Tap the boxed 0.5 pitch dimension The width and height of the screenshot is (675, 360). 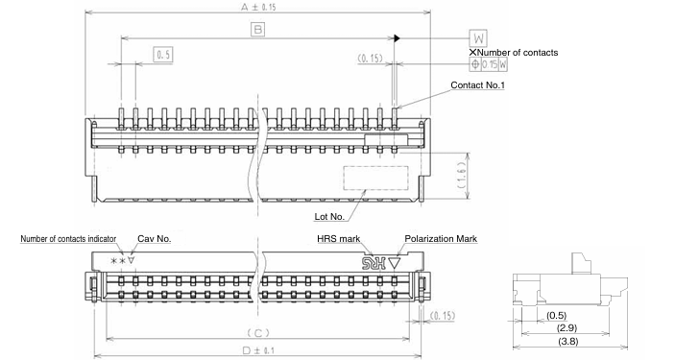point(163,56)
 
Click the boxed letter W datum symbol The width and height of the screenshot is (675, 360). point(477,38)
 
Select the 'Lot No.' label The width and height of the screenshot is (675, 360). point(329,216)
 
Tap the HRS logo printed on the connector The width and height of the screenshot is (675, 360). point(373,260)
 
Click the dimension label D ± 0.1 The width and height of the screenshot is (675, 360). point(256,351)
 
